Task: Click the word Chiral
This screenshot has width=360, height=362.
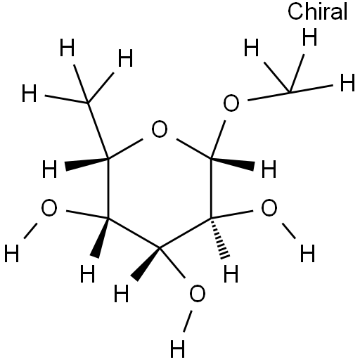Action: point(317,12)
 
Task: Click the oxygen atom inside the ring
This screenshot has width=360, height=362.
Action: point(160,129)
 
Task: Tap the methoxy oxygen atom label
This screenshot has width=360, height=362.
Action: point(231,103)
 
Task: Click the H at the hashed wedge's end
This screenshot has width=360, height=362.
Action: point(231,273)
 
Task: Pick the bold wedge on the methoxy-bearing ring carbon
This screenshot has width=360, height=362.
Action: point(233,163)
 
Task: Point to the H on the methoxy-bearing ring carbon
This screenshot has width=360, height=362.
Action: point(269,169)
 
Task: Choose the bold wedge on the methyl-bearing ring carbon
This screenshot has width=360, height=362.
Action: point(86,164)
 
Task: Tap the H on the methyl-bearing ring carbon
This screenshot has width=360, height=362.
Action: point(49,169)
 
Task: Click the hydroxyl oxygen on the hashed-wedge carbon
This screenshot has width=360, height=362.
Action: point(269,207)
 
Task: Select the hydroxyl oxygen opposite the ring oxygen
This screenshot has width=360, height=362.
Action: point(198,294)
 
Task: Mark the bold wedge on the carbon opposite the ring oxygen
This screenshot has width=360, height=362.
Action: point(146,264)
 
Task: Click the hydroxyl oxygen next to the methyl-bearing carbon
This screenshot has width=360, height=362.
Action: point(49,207)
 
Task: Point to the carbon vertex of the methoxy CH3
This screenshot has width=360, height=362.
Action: point(290,93)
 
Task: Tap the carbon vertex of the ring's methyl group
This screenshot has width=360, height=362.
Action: point(88,103)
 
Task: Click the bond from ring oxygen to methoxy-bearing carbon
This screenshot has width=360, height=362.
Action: point(194,148)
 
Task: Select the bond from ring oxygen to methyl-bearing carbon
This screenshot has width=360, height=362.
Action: point(125,148)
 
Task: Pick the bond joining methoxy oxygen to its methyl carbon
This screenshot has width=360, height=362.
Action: point(269,96)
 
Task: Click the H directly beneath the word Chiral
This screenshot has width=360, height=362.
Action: point(309,37)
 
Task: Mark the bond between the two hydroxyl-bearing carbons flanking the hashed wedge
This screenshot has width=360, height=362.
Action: point(185,233)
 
